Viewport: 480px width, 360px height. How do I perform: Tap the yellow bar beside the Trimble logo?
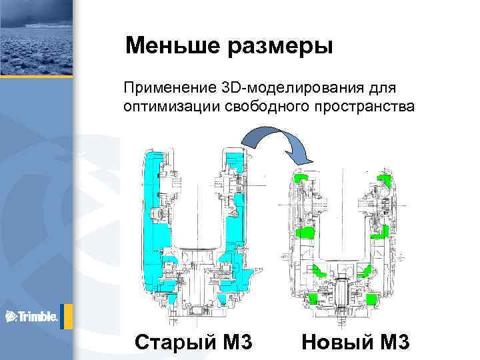pos(63,316)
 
